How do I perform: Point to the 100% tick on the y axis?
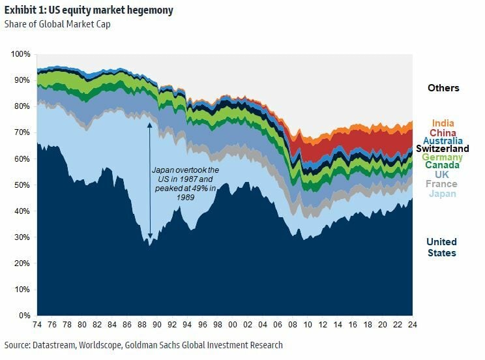tap(21, 53)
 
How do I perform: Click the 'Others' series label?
tap(443, 87)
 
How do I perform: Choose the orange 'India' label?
tap(443, 123)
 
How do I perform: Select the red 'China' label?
tap(443, 132)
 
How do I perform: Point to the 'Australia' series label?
tap(443, 141)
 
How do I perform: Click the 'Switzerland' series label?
tap(443, 149)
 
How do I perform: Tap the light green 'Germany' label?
tap(443, 157)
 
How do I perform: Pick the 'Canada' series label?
tap(443, 166)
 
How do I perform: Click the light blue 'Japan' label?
tap(443, 193)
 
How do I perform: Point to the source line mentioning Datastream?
tap(143, 344)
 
